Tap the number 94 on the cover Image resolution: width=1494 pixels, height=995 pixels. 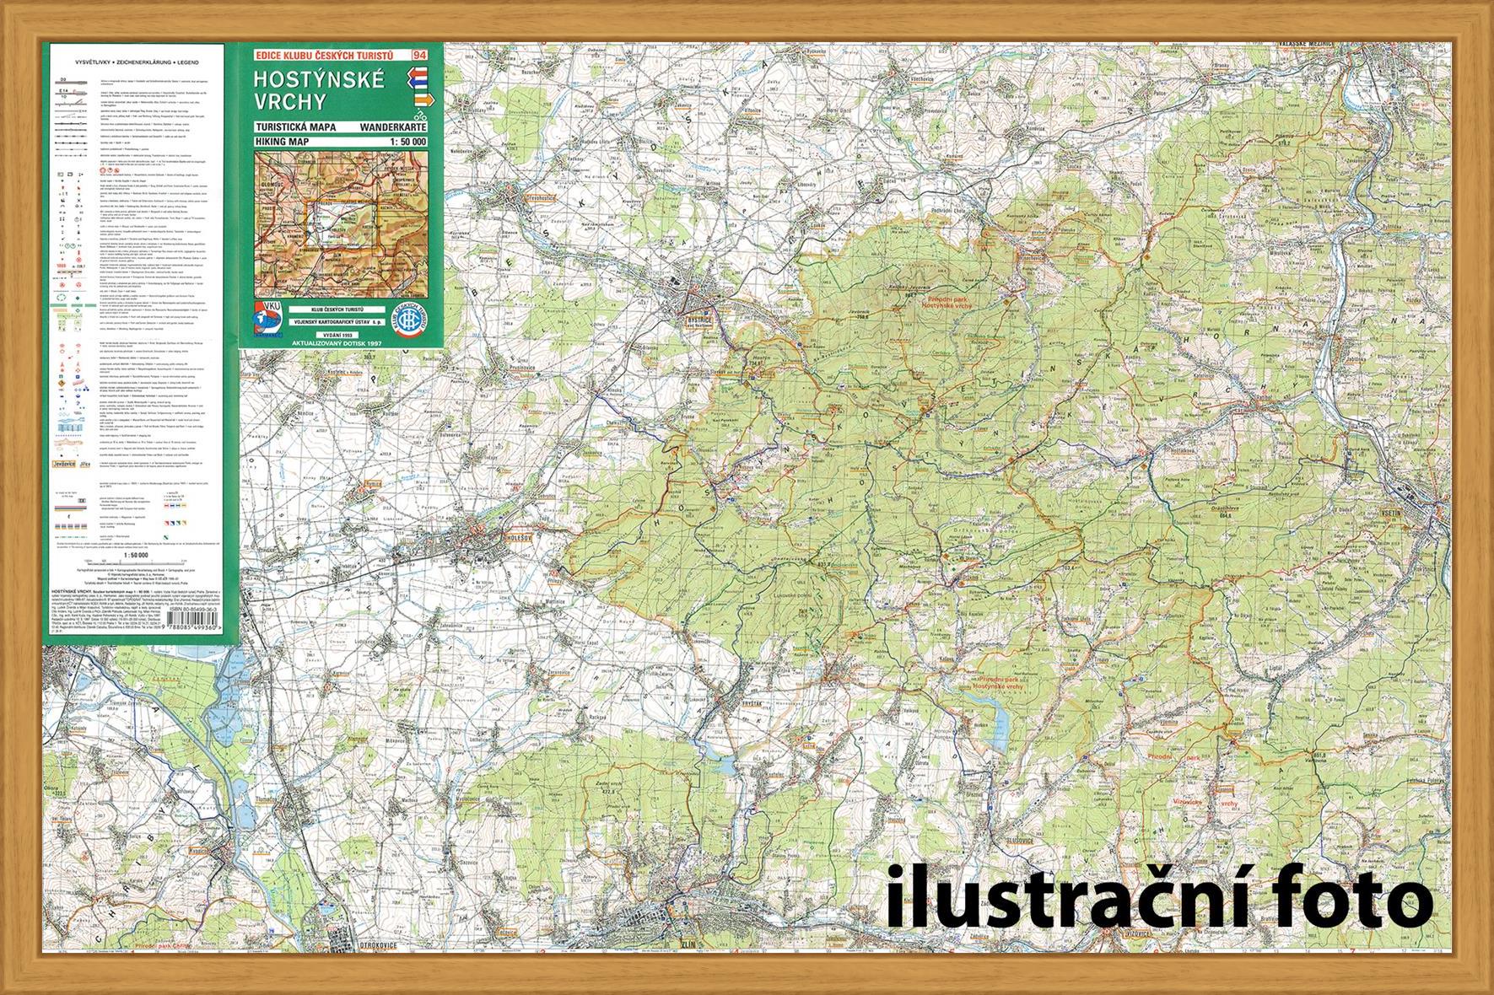click(x=418, y=56)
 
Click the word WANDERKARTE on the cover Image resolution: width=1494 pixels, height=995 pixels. click(x=393, y=127)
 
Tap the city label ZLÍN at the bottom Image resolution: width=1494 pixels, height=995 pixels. click(x=693, y=944)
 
